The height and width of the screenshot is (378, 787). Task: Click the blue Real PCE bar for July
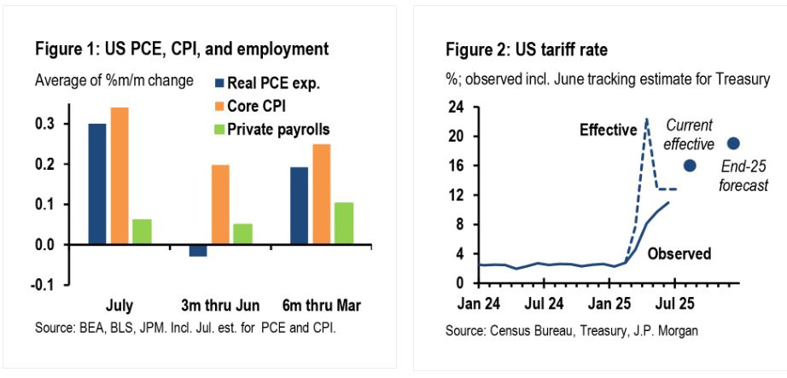click(97, 183)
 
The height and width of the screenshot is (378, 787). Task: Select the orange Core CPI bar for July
click(120, 176)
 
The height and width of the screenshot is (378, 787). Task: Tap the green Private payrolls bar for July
click(142, 231)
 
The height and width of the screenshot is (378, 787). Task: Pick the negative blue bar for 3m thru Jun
click(198, 250)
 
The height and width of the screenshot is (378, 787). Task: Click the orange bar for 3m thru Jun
click(220, 204)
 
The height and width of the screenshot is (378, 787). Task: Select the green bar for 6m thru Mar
click(343, 223)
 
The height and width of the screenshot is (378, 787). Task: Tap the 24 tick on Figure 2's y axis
click(464, 108)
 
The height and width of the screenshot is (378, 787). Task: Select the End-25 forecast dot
click(733, 143)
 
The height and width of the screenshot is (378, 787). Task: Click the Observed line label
click(679, 253)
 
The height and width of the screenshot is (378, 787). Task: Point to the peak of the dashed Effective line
click(647, 119)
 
